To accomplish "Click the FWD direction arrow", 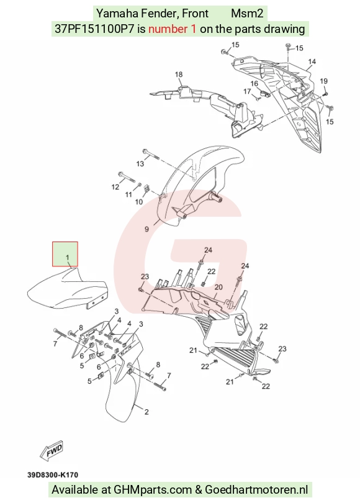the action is [x=52, y=450].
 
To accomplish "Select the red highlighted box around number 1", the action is [x=65, y=254].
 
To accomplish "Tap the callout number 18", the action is [x=179, y=75].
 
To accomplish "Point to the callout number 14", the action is [x=312, y=61].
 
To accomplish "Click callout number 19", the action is [x=323, y=81].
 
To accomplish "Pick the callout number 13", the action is [x=140, y=164].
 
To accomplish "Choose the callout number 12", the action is [x=115, y=187].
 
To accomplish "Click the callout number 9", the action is [x=147, y=229].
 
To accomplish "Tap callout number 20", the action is [x=218, y=287].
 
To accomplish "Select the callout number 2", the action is [x=146, y=412].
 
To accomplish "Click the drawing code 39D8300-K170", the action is [x=53, y=475].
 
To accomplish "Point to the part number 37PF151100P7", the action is [x=94, y=29].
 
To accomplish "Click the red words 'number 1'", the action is [x=172, y=29].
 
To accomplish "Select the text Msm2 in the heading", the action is [x=247, y=14].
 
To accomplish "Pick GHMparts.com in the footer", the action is [x=153, y=490].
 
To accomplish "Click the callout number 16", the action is [x=254, y=84].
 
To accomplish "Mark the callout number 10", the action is [x=139, y=202].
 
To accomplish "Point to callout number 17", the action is [x=247, y=92].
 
